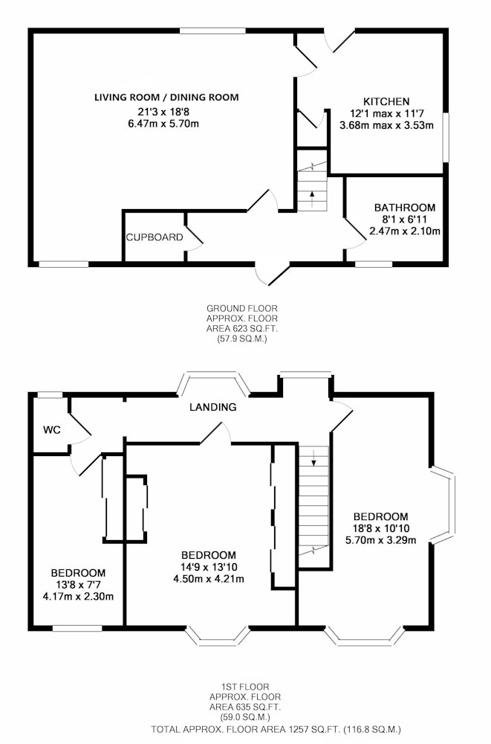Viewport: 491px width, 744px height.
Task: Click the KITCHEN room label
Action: [386, 101]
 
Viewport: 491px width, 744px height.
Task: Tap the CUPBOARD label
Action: [155, 237]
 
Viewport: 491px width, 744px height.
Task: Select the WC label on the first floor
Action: [52, 430]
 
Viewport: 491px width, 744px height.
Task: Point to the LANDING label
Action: [212, 407]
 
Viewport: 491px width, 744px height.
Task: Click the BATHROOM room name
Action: [405, 208]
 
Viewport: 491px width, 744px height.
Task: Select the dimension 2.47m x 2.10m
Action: [405, 231]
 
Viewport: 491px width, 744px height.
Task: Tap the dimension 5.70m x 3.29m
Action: [381, 540]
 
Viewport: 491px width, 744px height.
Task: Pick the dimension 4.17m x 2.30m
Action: [78, 597]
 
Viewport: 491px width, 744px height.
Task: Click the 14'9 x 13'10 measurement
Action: [209, 567]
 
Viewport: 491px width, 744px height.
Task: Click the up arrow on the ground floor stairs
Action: [312, 199]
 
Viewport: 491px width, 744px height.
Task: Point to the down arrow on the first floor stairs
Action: [313, 457]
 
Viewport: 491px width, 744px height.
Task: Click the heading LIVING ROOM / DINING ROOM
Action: [166, 97]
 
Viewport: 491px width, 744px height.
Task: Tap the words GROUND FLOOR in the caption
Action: [242, 309]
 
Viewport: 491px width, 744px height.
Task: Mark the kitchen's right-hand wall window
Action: [446, 138]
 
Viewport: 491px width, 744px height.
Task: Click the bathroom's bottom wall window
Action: [374, 264]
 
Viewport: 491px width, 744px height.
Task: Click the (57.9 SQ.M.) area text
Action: [242, 339]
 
